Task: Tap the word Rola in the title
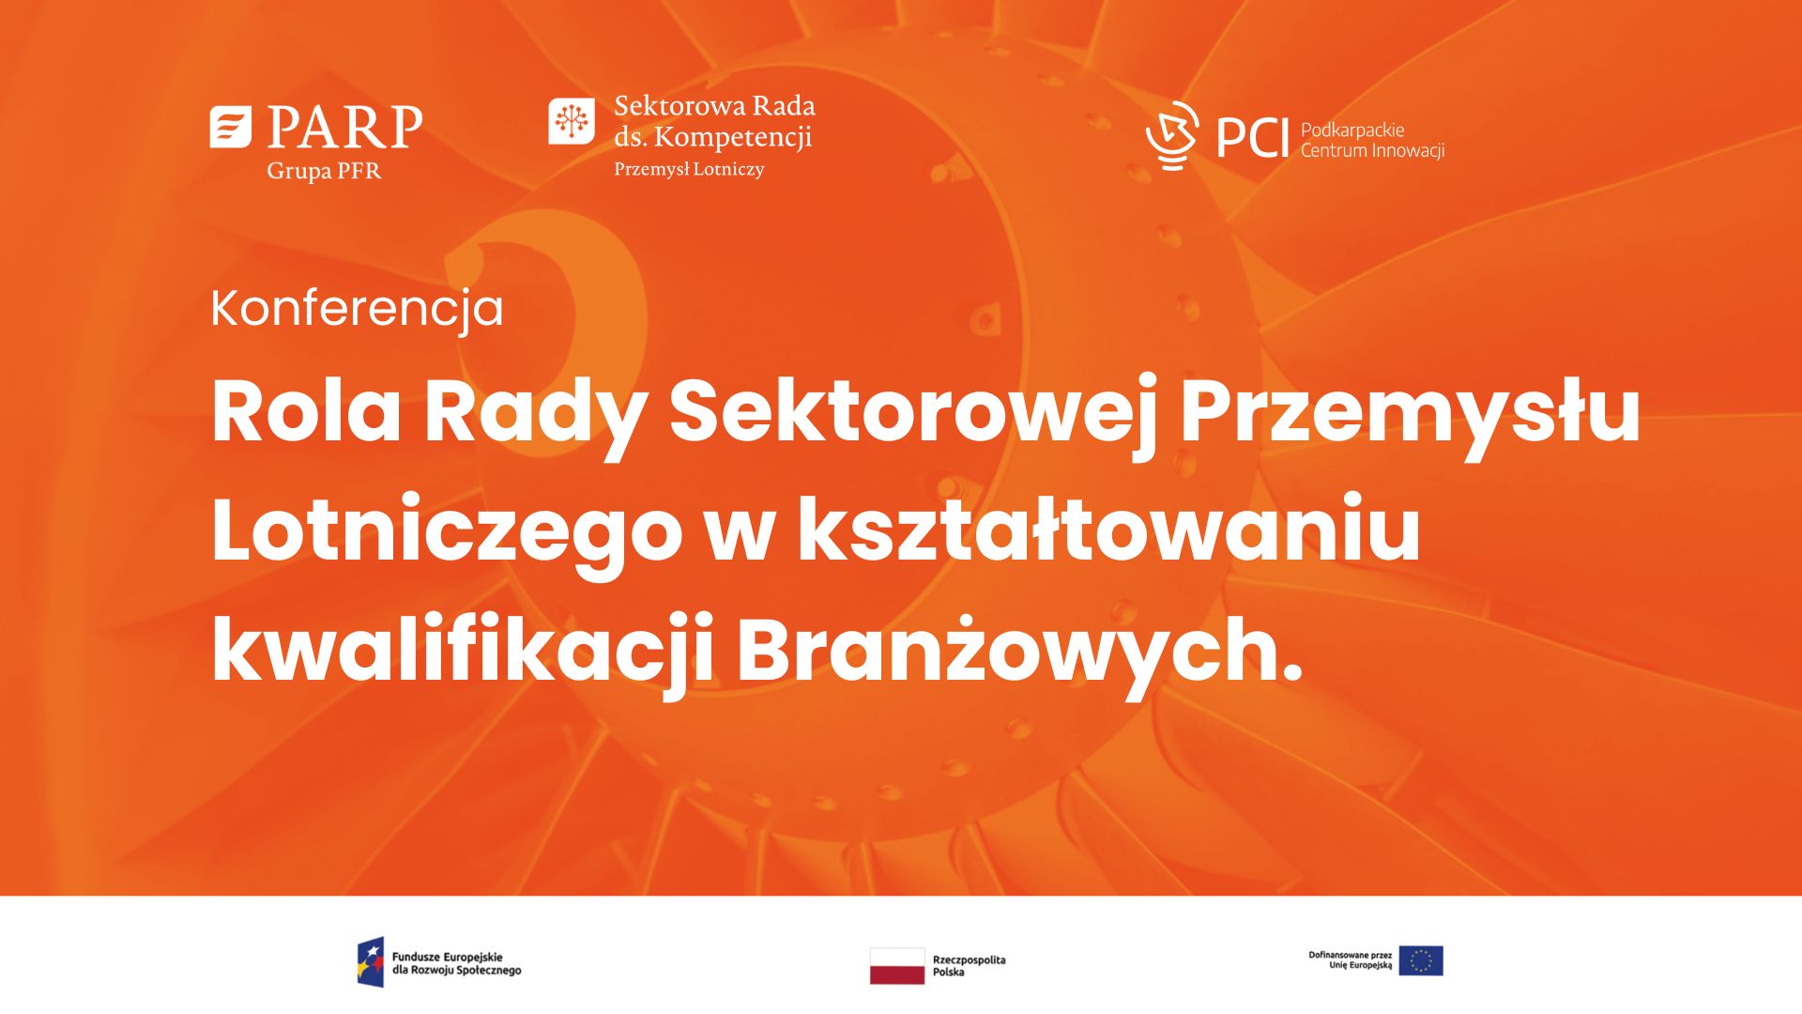coord(307,410)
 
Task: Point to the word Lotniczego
coord(446,534)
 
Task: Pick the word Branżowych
coord(1020,653)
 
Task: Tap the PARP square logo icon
coord(231,127)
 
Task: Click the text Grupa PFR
coord(324,172)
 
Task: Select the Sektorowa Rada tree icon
coord(572,121)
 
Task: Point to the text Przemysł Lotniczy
coord(689,170)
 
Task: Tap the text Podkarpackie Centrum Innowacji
coord(1372,140)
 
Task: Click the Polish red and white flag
coord(897,965)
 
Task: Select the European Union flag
coord(1421,960)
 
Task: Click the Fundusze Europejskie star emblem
coord(371,961)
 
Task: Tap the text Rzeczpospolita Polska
coord(969,966)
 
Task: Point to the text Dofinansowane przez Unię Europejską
coord(1351,960)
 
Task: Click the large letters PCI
coord(1252,139)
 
